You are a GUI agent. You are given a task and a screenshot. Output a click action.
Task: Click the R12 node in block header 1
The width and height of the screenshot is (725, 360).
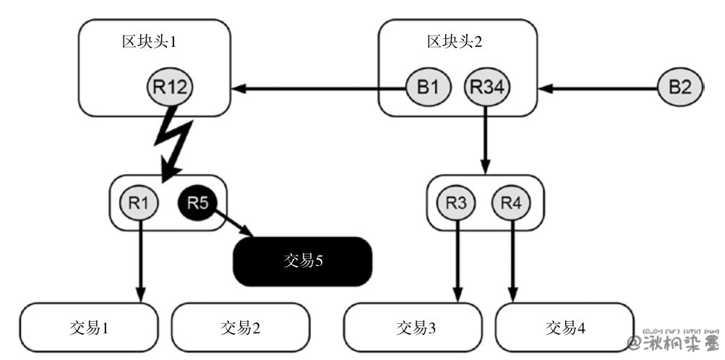(171, 87)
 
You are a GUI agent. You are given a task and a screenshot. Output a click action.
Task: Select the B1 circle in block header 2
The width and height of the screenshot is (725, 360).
(428, 87)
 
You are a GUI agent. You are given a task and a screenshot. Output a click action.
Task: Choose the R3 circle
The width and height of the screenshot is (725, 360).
(456, 203)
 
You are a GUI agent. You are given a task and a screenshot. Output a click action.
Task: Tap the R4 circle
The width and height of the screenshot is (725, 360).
(511, 203)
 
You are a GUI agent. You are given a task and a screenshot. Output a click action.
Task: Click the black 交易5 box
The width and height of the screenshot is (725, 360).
(302, 260)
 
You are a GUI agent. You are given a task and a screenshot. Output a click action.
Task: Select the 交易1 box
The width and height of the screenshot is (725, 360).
(89, 327)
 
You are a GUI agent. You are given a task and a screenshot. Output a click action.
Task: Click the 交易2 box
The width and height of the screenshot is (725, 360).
(240, 327)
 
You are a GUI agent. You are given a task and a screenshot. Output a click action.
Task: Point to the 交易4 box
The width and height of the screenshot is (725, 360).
(565, 327)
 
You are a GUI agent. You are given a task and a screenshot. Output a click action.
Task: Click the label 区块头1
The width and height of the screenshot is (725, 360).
(149, 41)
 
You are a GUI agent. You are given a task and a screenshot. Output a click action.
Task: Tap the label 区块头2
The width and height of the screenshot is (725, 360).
(454, 41)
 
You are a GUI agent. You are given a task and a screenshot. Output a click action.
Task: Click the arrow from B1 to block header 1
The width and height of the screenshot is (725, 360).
(318, 88)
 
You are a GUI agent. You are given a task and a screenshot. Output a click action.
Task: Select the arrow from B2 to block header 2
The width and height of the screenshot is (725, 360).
(600, 88)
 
